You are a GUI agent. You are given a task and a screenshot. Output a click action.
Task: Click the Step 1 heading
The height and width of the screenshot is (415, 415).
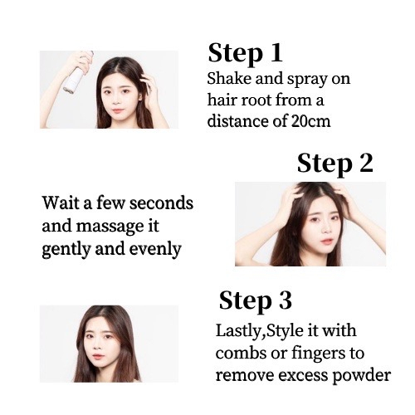245,54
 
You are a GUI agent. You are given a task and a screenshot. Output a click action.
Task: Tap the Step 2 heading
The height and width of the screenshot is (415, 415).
335,164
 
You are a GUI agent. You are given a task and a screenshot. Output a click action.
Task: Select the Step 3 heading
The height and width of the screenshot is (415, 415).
256,301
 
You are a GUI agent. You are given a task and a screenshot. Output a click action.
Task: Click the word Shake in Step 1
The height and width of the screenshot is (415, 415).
229,79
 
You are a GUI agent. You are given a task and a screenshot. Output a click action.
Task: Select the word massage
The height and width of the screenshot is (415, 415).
108,227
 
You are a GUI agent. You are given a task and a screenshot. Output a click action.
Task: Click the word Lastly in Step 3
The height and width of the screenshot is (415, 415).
238,331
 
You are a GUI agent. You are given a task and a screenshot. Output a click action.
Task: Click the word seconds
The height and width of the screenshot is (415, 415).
161,203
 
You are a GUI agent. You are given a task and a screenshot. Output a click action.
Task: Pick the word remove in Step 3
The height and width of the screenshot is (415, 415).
245,376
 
